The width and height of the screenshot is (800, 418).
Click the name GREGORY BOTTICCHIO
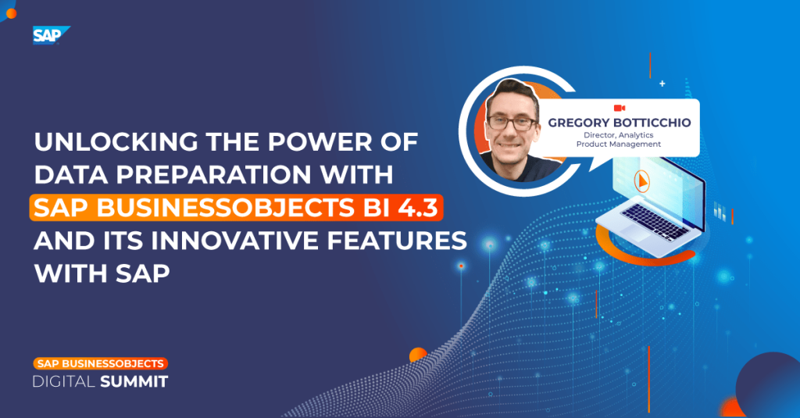619,123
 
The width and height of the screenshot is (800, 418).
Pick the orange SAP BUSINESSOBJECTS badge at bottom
100,363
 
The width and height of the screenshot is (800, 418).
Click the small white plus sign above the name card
662,83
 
